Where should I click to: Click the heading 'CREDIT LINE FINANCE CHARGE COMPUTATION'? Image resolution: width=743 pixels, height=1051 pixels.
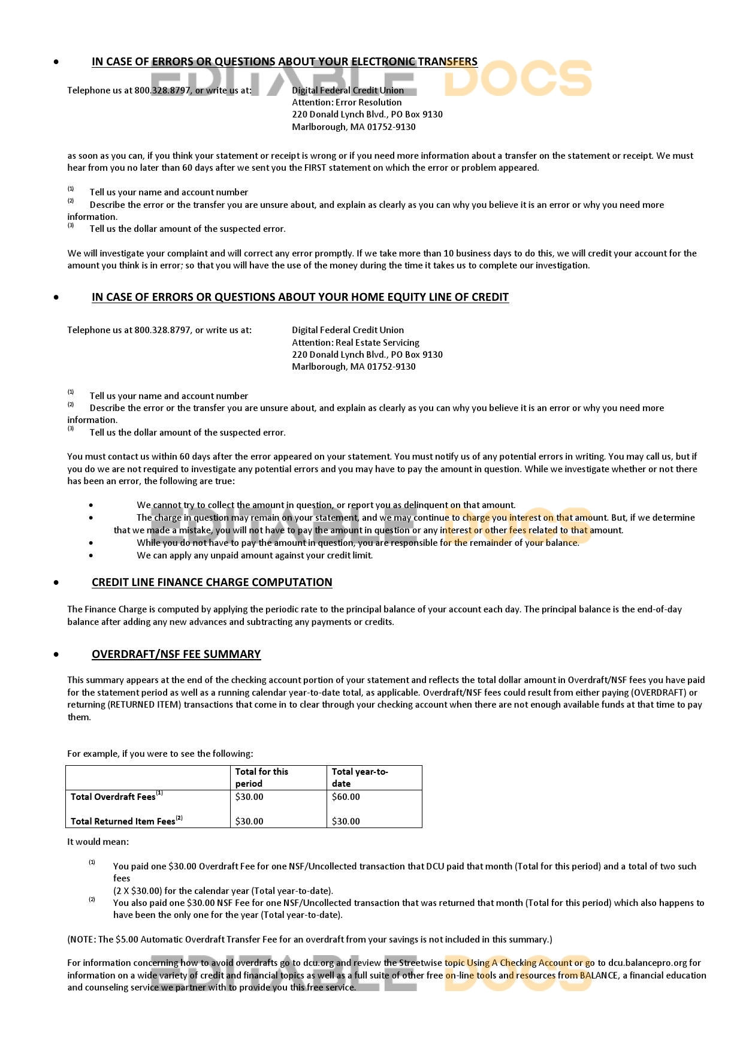(x=212, y=582)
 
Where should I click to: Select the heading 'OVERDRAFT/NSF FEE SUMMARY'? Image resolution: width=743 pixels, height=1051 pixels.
(x=176, y=654)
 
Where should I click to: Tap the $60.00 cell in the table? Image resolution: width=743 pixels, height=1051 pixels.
(x=346, y=797)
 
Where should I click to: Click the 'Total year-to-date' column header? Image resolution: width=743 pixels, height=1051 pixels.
(x=360, y=778)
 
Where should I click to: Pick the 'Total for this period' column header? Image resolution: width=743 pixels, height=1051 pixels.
(x=261, y=778)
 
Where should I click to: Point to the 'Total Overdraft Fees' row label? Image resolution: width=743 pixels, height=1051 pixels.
(x=113, y=797)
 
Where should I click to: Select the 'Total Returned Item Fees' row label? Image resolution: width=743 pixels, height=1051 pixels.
(x=123, y=822)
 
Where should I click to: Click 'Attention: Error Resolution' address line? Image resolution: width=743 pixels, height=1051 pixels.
(x=346, y=102)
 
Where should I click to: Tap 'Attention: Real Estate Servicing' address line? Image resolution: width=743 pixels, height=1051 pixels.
(x=355, y=343)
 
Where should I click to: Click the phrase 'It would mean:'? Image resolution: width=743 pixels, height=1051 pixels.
(x=98, y=842)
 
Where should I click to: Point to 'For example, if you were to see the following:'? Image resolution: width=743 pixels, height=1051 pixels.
(x=160, y=754)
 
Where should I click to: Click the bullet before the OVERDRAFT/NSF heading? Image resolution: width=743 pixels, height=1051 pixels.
(x=56, y=655)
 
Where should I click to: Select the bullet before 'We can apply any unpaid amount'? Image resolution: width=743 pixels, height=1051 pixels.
(x=91, y=556)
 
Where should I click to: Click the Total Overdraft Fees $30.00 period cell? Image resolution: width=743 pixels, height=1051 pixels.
(x=249, y=797)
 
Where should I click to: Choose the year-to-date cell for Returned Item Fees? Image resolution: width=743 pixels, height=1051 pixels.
(x=346, y=822)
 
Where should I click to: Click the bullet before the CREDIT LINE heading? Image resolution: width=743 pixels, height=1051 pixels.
(x=56, y=583)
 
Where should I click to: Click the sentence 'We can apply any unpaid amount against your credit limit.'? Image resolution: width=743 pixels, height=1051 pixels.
(x=254, y=555)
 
